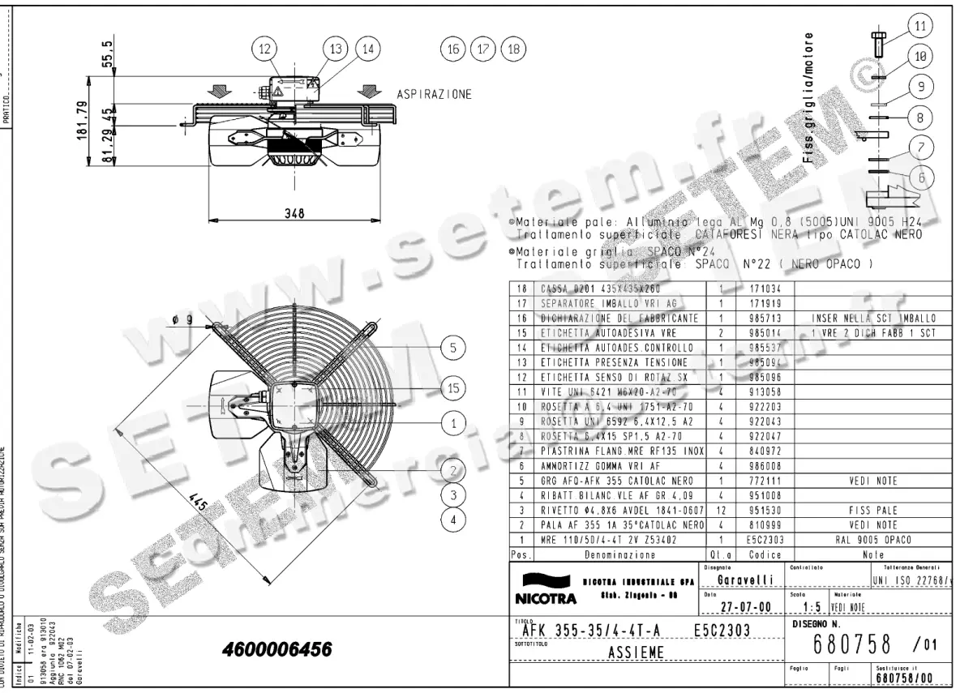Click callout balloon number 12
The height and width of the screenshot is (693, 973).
click(264, 49)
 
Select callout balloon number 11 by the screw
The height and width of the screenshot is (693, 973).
click(919, 26)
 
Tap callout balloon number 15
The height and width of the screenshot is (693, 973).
click(454, 389)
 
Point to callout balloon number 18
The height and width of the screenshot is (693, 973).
click(514, 49)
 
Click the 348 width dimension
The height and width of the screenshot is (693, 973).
click(294, 213)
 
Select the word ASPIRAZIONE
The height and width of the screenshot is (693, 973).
click(435, 95)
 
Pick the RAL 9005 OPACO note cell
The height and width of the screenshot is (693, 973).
click(877, 539)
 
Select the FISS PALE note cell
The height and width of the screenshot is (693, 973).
click(877, 511)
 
